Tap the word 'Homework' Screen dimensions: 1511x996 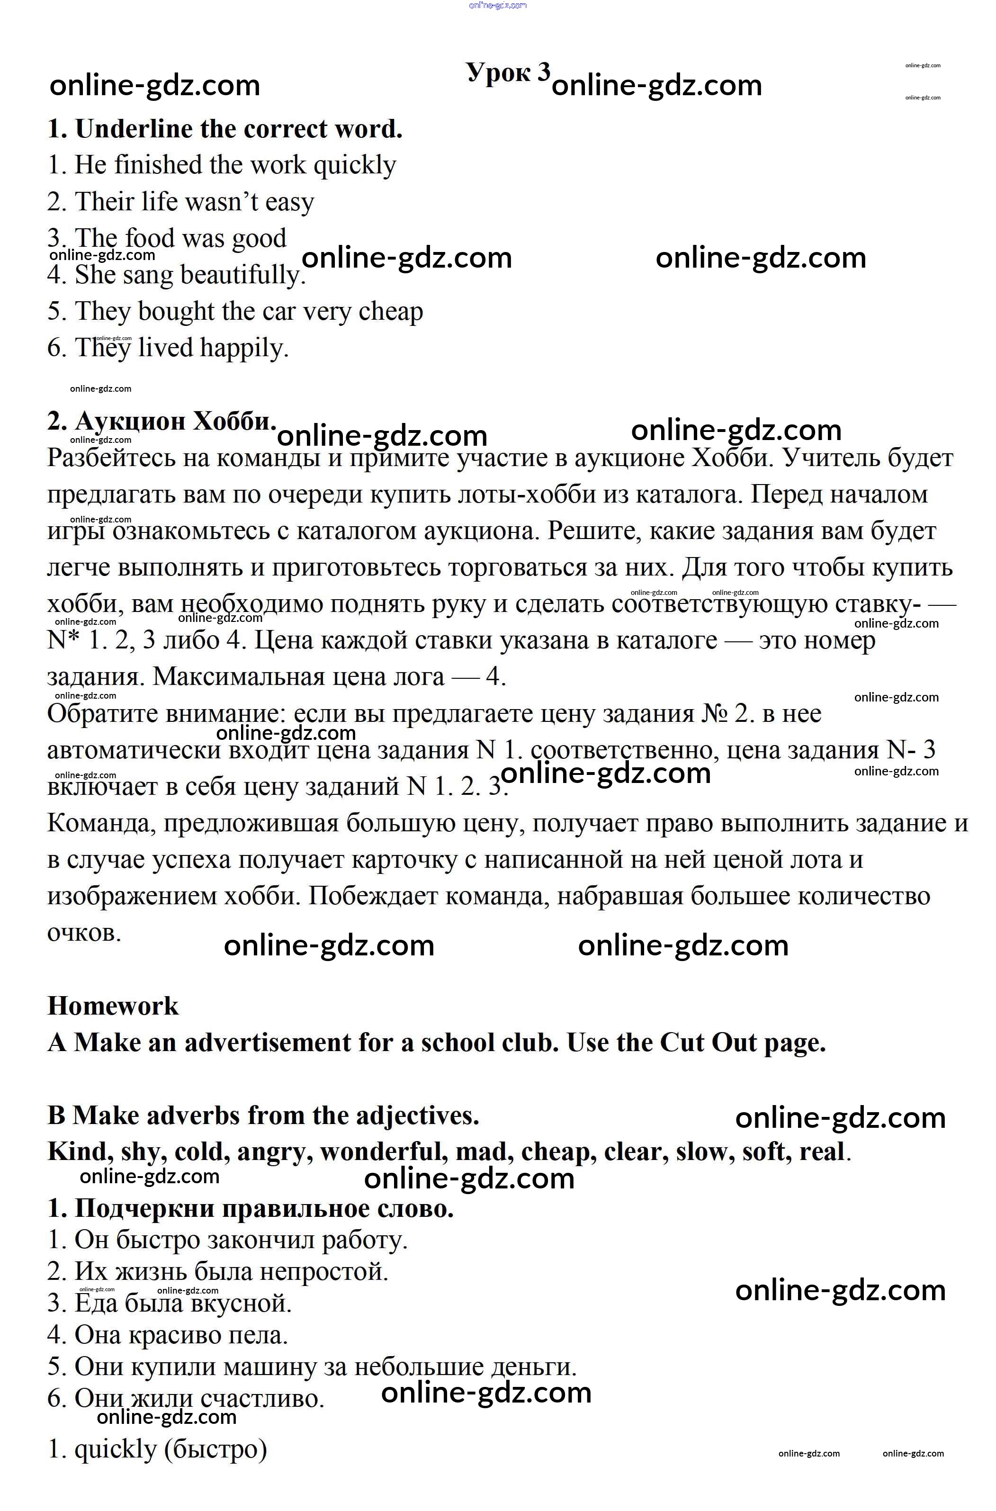pos(113,1006)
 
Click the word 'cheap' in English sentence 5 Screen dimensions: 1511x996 pos(391,311)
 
